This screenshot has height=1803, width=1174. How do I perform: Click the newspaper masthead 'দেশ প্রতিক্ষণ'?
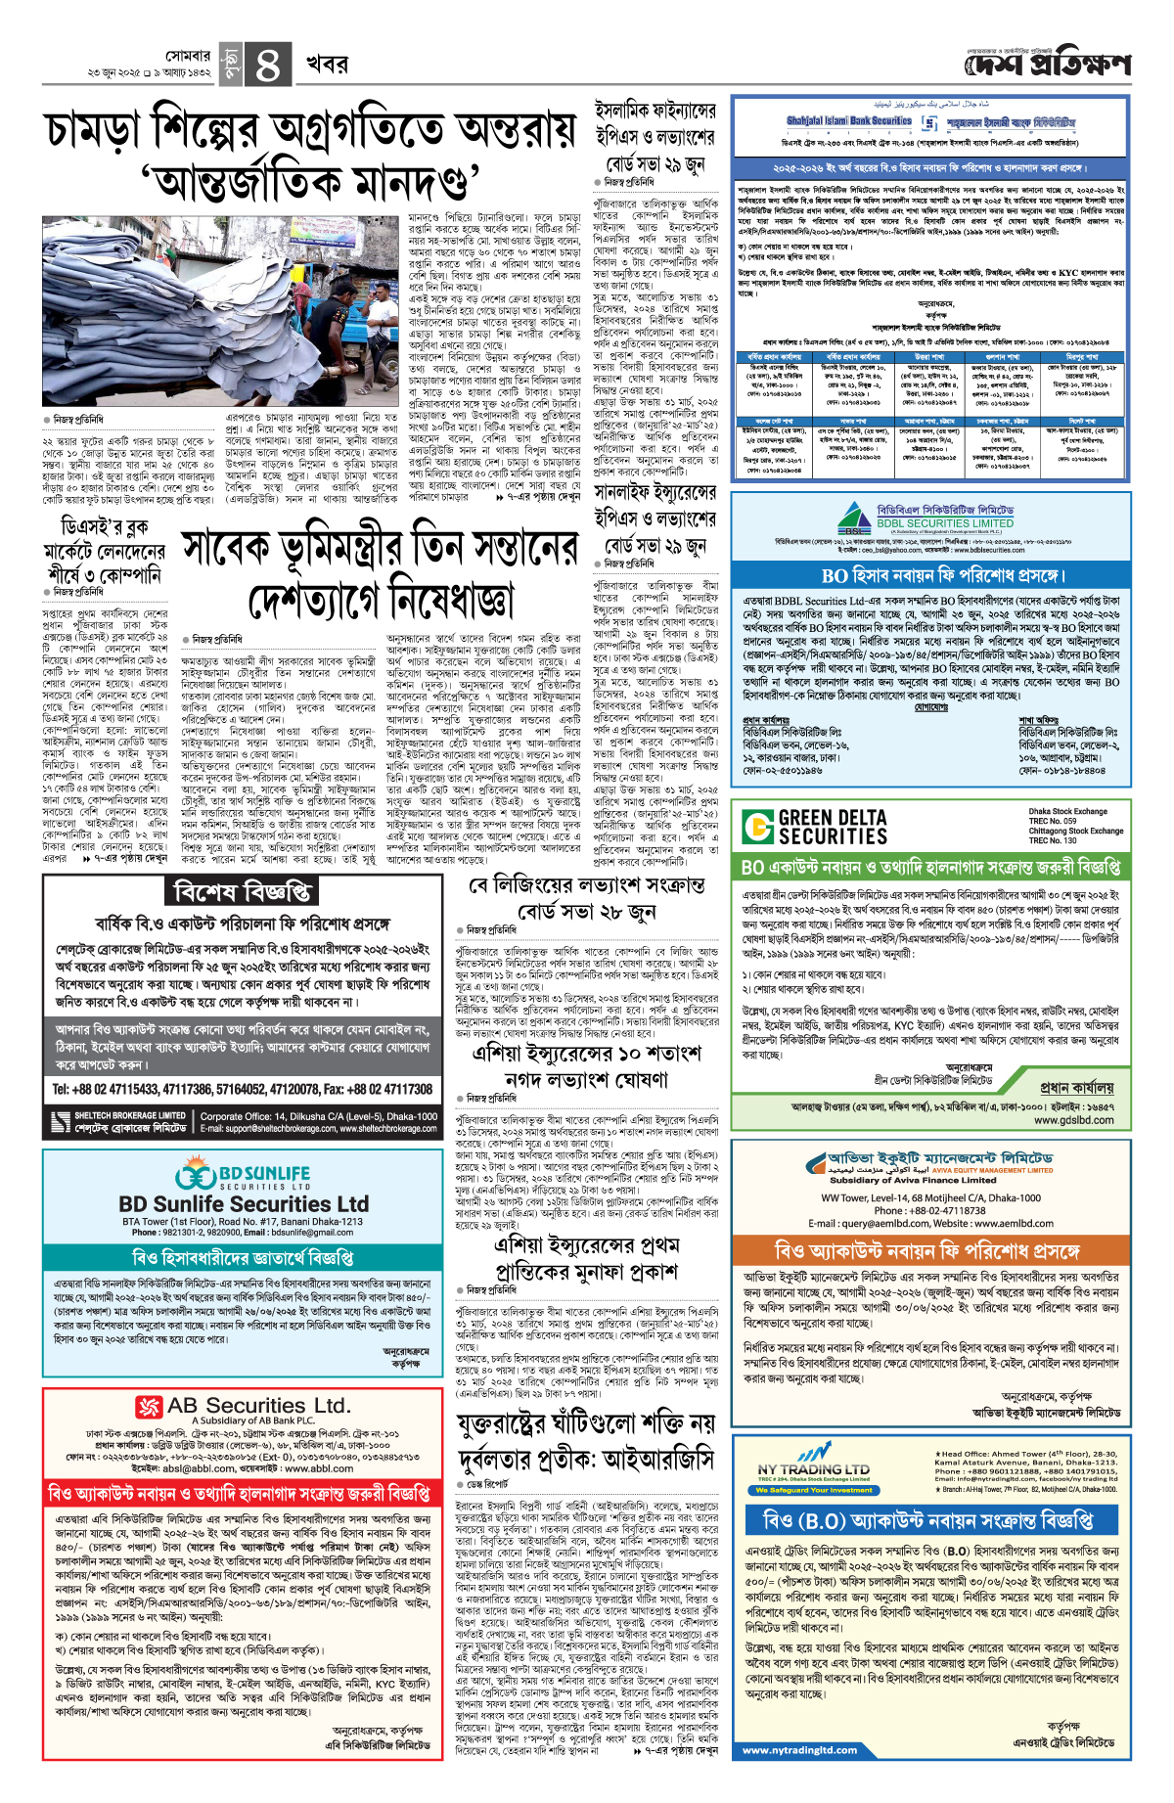(x=1048, y=66)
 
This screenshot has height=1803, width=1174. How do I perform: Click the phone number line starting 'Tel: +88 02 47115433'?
(x=242, y=1088)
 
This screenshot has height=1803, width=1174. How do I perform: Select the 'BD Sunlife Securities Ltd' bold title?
(x=244, y=1203)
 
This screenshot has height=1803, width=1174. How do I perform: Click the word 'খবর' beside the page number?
(x=327, y=65)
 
